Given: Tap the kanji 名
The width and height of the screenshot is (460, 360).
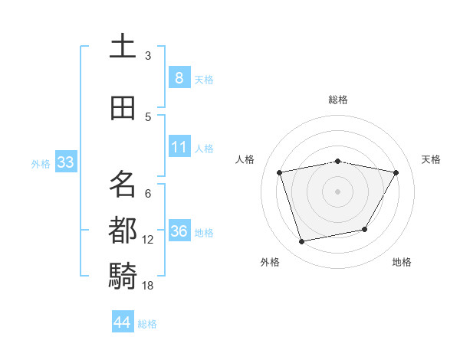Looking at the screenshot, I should click(x=123, y=184).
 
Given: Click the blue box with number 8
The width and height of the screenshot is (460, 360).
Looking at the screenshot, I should click(x=179, y=77).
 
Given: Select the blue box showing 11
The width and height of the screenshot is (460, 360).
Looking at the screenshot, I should click(x=179, y=146).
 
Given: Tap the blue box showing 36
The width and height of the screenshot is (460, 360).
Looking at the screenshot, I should click(x=179, y=231).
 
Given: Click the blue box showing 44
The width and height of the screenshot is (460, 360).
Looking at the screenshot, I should click(x=123, y=322).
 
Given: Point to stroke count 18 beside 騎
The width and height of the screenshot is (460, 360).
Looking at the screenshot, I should click(x=148, y=286).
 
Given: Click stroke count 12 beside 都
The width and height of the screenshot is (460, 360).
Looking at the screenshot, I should click(x=148, y=240).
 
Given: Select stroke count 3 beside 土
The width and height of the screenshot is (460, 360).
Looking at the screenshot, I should click(x=148, y=56).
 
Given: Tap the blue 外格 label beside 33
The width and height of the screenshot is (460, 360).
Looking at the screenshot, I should click(x=41, y=163).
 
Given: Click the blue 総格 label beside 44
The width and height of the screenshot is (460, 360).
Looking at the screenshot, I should click(x=147, y=324).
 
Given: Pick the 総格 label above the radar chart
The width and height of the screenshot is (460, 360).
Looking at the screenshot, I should click(x=338, y=100).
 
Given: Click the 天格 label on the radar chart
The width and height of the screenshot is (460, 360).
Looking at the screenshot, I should click(x=431, y=159).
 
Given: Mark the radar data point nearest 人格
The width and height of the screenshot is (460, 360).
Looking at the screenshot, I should click(x=280, y=172).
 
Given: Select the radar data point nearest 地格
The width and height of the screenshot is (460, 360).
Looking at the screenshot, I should click(x=365, y=229).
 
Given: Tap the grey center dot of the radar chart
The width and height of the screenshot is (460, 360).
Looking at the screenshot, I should click(x=338, y=191).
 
